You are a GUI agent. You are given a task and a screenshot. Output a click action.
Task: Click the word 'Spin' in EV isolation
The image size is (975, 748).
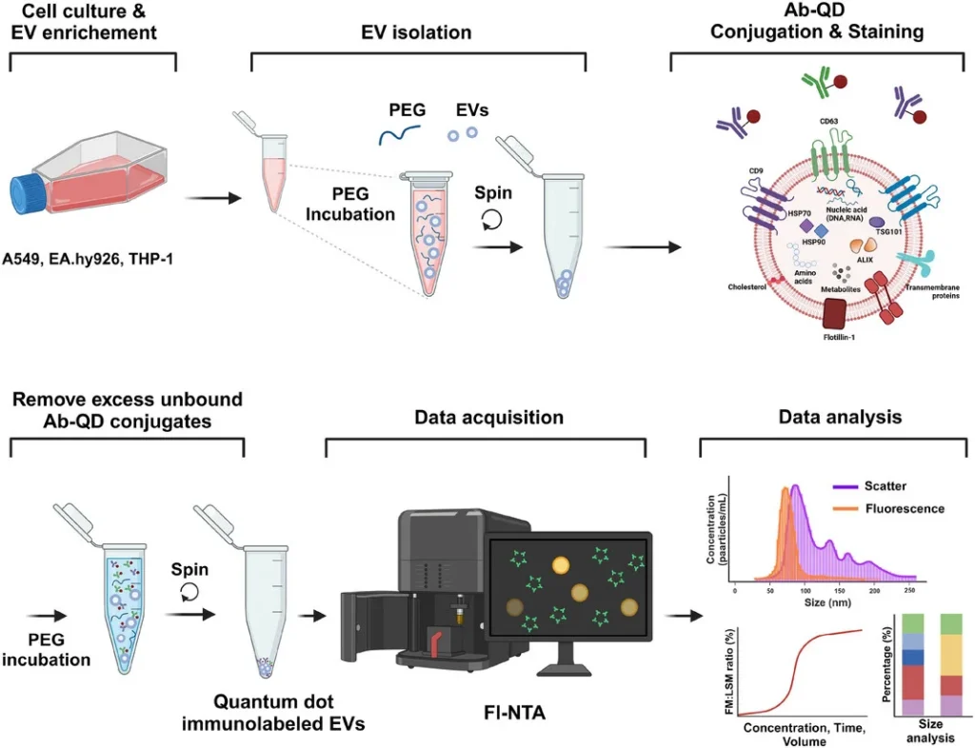(493, 193)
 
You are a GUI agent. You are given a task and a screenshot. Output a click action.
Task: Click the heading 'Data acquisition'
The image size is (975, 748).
(489, 418)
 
